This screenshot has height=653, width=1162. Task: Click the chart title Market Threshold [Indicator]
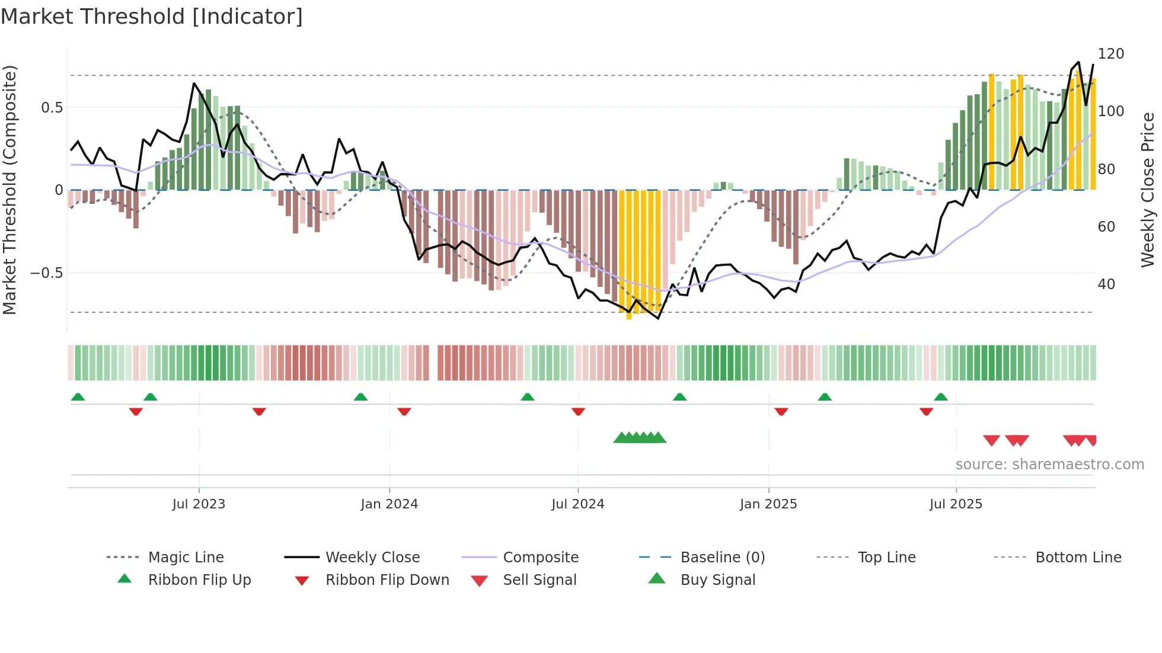tap(152, 17)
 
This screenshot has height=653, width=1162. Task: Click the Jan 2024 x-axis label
tap(390, 504)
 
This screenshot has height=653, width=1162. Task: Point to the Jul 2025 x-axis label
tap(956, 504)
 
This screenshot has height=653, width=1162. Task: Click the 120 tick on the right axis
tap(1110, 54)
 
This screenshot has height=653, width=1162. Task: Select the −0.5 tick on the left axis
tap(46, 273)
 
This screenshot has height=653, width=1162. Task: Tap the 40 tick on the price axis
tap(1106, 284)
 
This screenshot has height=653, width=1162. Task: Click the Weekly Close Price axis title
tap(1148, 190)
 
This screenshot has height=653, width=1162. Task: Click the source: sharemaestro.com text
tap(1049, 465)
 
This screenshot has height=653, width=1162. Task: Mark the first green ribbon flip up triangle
tap(78, 397)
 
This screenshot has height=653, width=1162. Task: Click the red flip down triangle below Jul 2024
tap(578, 411)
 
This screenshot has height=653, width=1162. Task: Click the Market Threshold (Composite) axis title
tap(9, 190)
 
